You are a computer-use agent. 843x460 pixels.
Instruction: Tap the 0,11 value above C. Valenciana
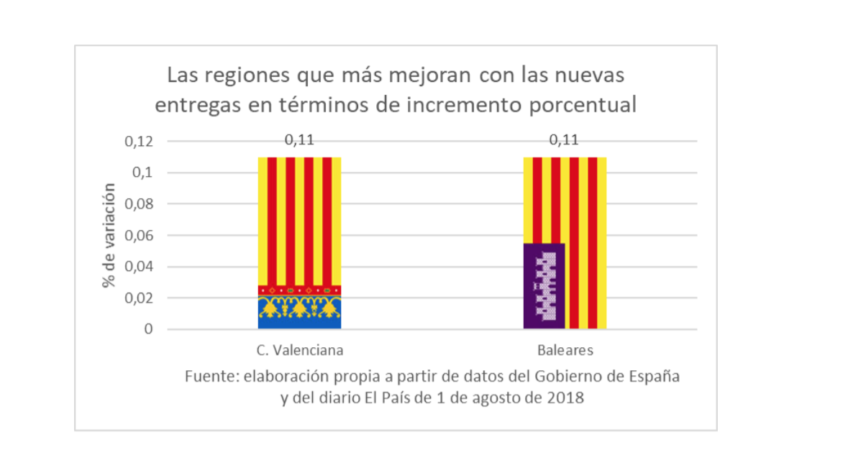point(299,139)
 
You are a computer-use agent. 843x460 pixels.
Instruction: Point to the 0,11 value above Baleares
point(564,139)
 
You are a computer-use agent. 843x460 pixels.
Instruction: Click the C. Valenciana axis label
point(299,351)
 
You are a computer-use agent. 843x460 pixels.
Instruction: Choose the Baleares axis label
point(565,351)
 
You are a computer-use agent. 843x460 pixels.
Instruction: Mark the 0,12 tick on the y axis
point(139,142)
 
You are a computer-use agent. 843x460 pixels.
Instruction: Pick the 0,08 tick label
point(139,204)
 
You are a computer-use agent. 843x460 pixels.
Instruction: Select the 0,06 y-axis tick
point(139,236)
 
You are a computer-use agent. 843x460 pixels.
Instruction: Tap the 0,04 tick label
point(139,267)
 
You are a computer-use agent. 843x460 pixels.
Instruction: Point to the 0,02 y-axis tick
point(139,298)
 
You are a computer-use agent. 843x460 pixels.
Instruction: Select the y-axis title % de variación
point(109,235)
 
